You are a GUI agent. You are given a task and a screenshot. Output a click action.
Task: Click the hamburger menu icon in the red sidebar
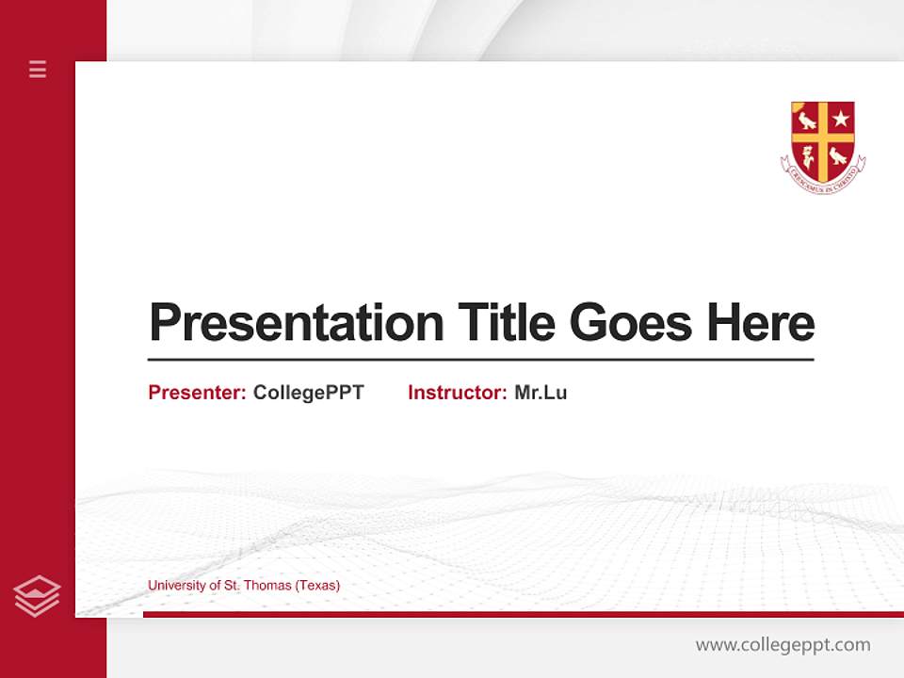pos(38,69)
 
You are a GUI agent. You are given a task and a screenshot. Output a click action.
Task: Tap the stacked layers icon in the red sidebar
pos(37,596)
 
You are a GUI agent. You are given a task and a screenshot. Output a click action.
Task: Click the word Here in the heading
pos(760,323)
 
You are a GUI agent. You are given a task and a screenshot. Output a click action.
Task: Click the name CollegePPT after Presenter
pos(308,393)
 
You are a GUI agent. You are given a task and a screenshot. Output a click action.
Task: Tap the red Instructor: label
pos(458,393)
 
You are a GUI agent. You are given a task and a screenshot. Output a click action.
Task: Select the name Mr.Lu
pos(541,393)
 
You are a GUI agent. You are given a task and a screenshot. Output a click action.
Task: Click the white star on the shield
pos(841,119)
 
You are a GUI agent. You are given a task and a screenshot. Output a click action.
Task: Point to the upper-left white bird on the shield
pos(807,120)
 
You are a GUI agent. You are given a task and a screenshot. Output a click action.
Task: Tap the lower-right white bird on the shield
pos(839,156)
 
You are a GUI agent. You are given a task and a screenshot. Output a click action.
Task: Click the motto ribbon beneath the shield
pos(823,184)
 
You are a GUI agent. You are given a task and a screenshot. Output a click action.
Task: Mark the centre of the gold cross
pos(823,137)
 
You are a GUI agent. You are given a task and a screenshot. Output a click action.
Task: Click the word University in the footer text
pos(176,585)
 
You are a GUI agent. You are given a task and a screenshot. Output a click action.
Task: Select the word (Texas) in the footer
pos(317,585)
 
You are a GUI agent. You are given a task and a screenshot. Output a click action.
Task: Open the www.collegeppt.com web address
pos(783,645)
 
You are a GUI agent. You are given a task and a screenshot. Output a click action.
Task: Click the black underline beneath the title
pos(480,359)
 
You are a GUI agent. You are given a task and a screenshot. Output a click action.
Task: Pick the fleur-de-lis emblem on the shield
pos(807,157)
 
